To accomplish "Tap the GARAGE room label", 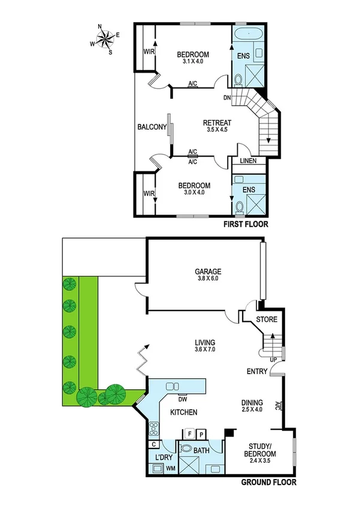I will click(x=208, y=270).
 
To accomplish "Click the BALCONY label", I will click(x=152, y=127).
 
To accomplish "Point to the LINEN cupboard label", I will click(x=249, y=161).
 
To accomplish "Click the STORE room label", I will click(x=267, y=320).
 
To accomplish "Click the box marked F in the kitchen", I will click(x=190, y=432).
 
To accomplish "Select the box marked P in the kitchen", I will click(x=202, y=432).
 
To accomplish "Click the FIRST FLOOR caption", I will click(x=245, y=225).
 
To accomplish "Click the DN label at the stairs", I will click(x=227, y=97).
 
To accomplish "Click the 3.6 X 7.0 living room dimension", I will click(x=204, y=350).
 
